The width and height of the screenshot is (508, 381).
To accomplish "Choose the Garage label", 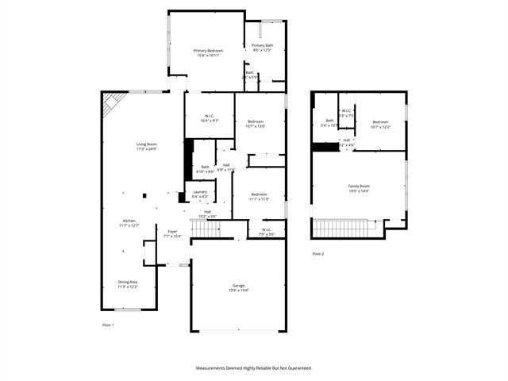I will coord(238,286).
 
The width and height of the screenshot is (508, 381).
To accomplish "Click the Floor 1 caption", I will coord(108,325).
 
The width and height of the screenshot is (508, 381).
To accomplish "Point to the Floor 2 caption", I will coord(317,254).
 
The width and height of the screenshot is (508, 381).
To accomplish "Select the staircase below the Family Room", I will coord(344,229).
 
